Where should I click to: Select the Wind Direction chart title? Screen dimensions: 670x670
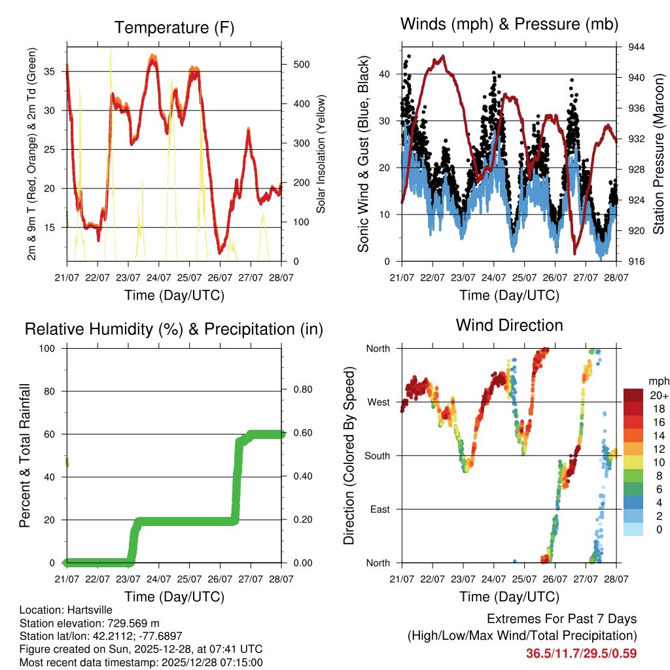509,325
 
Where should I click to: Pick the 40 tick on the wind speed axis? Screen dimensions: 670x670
385,74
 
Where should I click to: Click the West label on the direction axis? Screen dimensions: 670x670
378,402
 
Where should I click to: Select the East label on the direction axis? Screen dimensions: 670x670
379,509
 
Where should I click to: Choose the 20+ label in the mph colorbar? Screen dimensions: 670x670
659,395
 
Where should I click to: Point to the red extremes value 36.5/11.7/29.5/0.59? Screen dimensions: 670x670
581,653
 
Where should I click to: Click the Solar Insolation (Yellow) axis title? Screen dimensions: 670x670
321,154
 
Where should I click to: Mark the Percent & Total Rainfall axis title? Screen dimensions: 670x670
25,455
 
